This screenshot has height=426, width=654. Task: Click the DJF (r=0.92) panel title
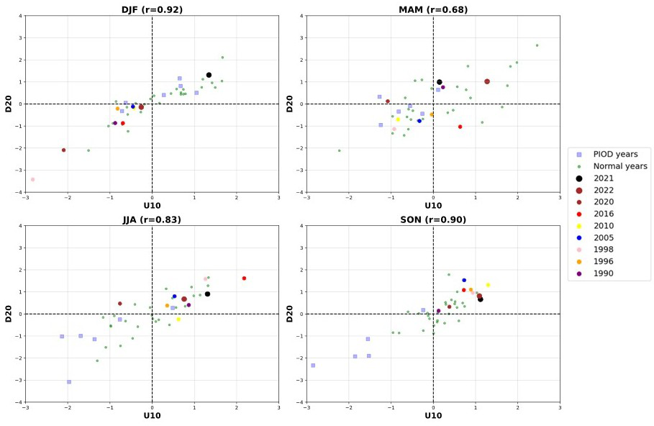(152, 9)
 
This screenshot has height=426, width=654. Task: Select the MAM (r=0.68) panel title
(433, 9)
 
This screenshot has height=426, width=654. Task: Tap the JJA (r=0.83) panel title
(152, 219)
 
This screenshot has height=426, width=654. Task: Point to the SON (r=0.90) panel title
(433, 219)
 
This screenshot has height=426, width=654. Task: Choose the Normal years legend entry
(619, 166)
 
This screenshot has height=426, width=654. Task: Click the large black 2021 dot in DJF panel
(209, 75)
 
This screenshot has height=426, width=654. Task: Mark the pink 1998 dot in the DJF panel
(32, 179)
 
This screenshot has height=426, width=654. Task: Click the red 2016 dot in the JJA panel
(244, 278)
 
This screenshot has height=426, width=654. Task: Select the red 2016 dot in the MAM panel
(460, 127)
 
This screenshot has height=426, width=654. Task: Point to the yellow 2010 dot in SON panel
(488, 285)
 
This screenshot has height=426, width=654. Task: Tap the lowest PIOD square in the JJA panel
(69, 382)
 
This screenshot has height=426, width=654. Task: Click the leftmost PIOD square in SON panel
(313, 366)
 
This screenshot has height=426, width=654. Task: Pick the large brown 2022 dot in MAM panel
(487, 81)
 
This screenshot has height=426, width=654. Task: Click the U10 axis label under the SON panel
(433, 415)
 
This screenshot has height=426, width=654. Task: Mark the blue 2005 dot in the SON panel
(464, 280)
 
